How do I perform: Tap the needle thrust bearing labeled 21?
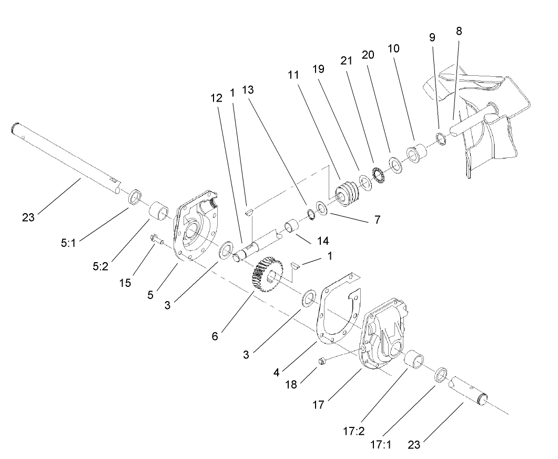click(x=378, y=175)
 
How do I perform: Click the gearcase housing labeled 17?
click(x=387, y=335)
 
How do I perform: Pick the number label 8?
click(x=459, y=31)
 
